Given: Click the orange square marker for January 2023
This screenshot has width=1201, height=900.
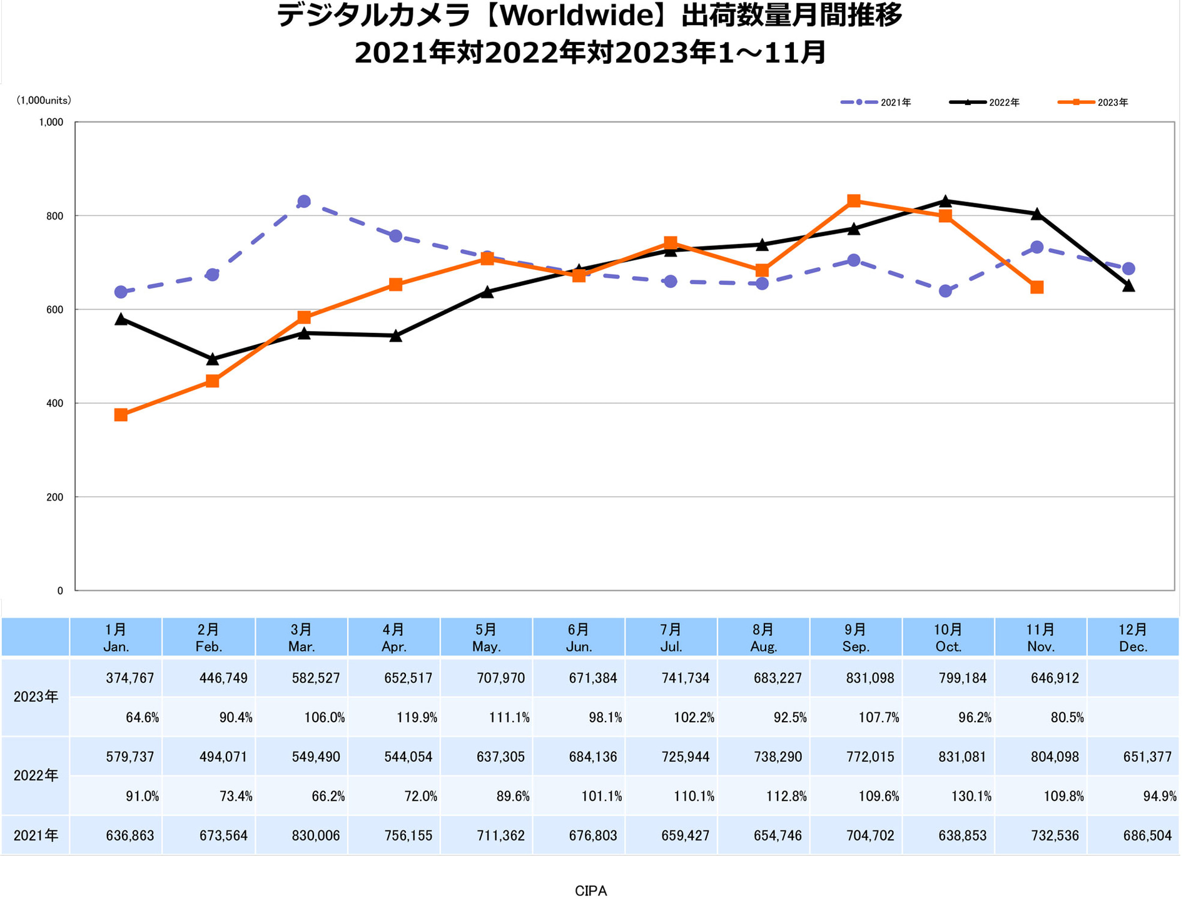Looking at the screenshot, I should (x=121, y=415).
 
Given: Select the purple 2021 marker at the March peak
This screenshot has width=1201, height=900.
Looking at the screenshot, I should (x=304, y=202).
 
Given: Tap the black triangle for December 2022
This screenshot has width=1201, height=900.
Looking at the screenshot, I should (x=1128, y=286).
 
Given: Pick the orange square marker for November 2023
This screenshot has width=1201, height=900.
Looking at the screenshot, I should (x=1036, y=287).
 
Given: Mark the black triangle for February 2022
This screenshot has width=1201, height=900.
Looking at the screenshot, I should (x=212, y=359).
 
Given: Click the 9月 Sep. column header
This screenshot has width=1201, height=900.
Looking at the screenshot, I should (x=855, y=638).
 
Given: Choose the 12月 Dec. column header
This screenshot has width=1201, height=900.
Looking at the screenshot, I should (x=1133, y=638).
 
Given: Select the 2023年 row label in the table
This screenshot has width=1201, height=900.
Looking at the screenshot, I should (x=36, y=697).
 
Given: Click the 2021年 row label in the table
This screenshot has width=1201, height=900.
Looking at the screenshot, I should (x=36, y=835).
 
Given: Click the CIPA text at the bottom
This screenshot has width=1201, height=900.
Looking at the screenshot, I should (x=590, y=890).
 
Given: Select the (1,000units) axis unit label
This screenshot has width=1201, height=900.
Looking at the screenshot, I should (x=44, y=100).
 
